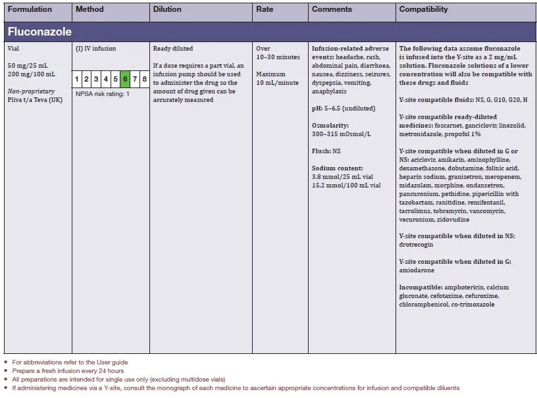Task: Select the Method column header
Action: [x=89, y=9]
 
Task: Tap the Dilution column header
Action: [x=168, y=9]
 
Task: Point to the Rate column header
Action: [x=265, y=9]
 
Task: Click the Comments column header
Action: [x=332, y=9]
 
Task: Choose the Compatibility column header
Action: [x=423, y=9]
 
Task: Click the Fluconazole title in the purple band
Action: [x=39, y=31]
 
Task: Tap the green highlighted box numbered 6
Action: [x=125, y=79]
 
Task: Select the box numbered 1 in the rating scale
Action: [x=77, y=79]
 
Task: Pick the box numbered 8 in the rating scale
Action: [x=144, y=79]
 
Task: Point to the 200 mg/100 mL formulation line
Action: [x=32, y=74]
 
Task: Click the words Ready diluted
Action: [x=173, y=49]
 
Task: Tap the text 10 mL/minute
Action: [x=278, y=83]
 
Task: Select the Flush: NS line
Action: [x=326, y=151]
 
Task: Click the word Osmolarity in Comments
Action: [x=330, y=125]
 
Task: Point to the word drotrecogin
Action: [x=416, y=245]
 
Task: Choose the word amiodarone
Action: [x=415, y=270]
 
